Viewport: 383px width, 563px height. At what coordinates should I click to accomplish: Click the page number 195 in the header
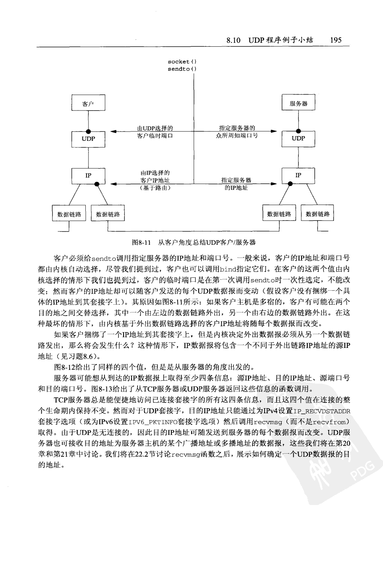point(335,40)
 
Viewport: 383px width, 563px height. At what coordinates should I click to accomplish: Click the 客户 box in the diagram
point(88,103)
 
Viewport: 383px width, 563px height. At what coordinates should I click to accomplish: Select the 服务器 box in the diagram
point(298,103)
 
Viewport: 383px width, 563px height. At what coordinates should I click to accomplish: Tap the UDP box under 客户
point(88,139)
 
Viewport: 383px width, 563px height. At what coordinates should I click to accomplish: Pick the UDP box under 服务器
point(298,139)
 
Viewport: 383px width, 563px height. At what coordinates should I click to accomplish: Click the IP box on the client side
point(88,175)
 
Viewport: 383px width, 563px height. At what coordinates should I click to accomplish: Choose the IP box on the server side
point(298,175)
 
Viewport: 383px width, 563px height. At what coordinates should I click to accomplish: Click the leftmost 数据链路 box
point(69,214)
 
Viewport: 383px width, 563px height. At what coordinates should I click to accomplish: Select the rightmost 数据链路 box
point(318,214)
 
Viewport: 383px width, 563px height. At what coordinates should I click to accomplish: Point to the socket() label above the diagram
point(182,61)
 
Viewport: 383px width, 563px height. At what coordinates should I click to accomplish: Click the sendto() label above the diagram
point(182,69)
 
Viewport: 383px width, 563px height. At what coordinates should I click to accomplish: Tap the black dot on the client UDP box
point(88,131)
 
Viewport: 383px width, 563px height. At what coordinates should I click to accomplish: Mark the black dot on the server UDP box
point(298,131)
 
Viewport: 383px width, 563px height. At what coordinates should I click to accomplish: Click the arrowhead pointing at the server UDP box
point(274,132)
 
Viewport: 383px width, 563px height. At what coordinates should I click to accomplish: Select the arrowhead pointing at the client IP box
point(113,183)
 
